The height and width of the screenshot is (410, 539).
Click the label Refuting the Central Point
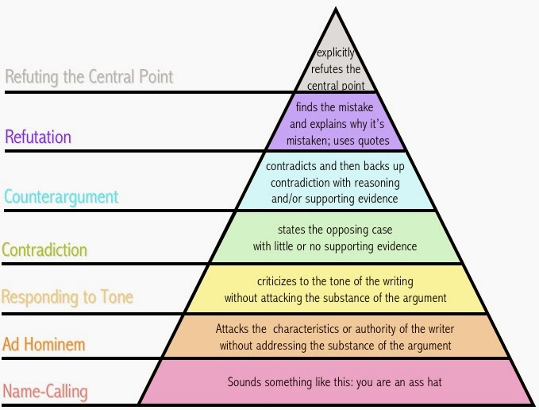[89, 77]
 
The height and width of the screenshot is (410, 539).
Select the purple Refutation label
[39, 137]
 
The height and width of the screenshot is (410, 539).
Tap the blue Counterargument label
[60, 196]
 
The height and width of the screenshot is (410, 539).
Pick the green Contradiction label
[44, 250]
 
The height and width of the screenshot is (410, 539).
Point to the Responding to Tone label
[67, 298]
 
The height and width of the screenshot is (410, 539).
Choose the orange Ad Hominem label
[44, 344]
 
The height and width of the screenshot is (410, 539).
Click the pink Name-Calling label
[45, 391]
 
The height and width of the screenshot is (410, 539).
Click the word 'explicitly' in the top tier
[335, 53]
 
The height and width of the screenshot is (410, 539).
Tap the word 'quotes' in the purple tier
[374, 141]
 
